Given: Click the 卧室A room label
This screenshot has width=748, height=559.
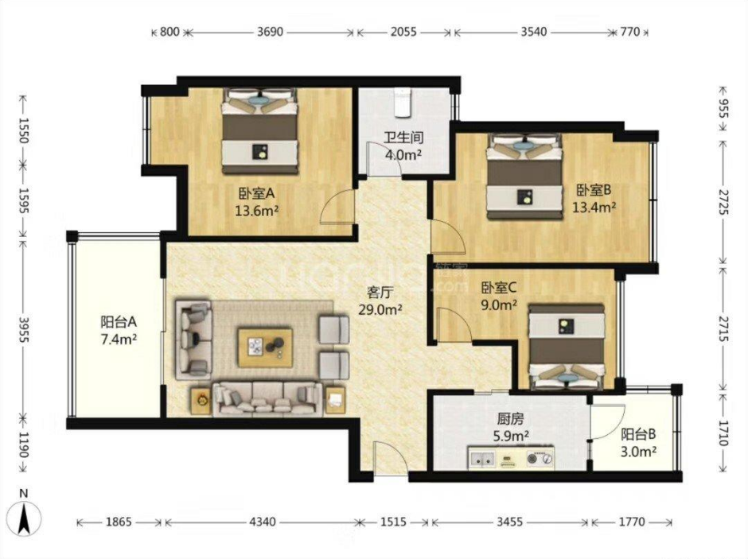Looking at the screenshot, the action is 257,193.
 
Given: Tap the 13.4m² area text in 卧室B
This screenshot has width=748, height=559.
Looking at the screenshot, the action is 594,207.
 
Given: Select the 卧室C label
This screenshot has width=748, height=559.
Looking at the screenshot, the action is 499,288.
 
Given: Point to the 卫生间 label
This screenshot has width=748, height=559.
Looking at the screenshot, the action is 404,138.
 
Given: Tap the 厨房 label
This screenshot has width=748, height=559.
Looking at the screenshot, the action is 510,419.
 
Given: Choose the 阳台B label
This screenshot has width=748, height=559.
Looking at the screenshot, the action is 638,434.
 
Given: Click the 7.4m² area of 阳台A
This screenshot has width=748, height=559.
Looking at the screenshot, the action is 119,340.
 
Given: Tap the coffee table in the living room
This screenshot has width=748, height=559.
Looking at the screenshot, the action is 265,347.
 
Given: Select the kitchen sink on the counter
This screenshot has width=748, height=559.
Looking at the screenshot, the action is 481,459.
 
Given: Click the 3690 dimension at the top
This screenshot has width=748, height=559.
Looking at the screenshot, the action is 270,32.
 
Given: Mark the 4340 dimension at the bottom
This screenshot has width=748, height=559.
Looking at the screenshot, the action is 263,522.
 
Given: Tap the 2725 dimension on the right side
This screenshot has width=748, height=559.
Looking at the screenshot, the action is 724,202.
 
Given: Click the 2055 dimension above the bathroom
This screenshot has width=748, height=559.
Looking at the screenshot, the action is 403,32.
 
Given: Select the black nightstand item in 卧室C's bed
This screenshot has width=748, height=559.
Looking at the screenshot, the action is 567,326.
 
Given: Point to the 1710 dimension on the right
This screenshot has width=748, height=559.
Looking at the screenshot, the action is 724,433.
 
